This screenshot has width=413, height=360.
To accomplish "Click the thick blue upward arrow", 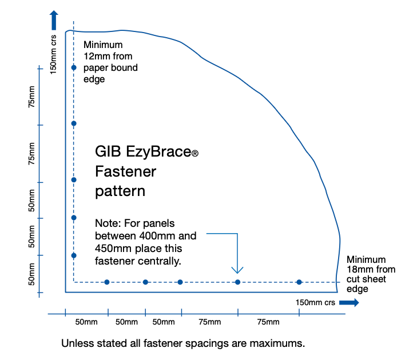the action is point(54,20).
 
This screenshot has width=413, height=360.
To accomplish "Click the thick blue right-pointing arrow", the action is point(349,303).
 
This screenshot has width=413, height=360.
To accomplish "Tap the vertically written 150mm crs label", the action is point(53,54).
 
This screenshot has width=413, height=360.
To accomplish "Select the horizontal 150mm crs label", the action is point(315,303).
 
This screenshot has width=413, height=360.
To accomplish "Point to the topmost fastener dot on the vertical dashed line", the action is point(74,67).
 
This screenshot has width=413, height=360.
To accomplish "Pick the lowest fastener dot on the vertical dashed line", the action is point(74,255).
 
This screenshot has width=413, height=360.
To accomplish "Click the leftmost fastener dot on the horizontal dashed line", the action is point(106,282).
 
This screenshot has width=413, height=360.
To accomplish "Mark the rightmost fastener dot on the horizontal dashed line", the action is point(299,282).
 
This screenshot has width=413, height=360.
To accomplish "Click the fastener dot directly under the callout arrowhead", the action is point(237,282).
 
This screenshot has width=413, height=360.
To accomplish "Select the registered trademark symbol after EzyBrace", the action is point(195,153).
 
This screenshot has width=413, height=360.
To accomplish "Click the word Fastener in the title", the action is point(126,171).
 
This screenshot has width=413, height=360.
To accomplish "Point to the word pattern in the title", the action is point(120,191).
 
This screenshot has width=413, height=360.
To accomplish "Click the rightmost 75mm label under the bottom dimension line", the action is point(268,322).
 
